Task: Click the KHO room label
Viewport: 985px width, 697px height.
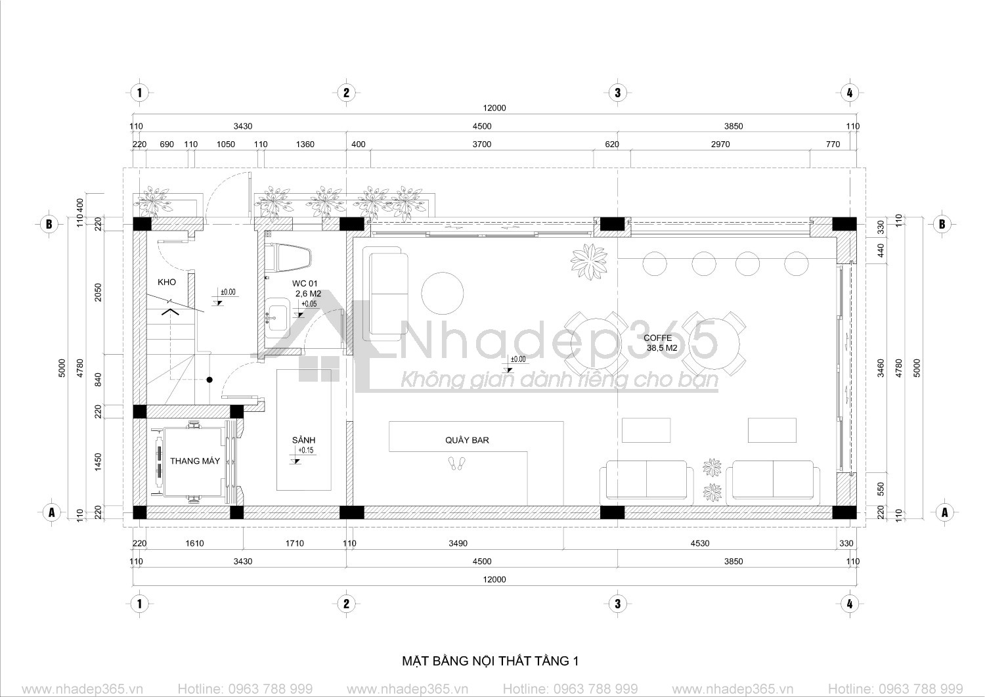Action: (167, 282)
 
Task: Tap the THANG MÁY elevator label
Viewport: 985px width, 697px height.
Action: (195, 461)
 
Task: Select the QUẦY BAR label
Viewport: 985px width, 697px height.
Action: (467, 440)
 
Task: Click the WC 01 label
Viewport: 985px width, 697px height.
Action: (304, 284)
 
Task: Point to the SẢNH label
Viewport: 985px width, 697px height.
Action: (303, 440)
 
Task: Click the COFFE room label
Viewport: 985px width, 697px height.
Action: (657, 338)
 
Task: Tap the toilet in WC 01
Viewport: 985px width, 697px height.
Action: (289, 259)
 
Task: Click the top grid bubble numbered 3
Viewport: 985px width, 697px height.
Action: (617, 93)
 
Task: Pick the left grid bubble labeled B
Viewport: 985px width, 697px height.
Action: (49, 224)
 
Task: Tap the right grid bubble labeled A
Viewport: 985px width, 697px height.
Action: (944, 512)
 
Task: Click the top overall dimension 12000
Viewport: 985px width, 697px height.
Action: (494, 108)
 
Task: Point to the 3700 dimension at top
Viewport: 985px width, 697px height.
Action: (482, 145)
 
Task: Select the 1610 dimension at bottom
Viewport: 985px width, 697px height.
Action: (194, 543)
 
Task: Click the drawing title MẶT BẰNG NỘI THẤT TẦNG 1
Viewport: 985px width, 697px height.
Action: (491, 661)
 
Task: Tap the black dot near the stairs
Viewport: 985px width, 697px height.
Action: (209, 379)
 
